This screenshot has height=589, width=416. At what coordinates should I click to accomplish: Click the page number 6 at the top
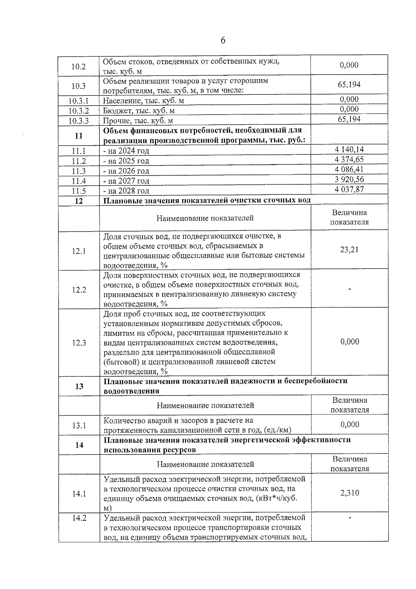[x=223, y=41]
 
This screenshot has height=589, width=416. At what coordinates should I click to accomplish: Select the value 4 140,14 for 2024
[x=349, y=150]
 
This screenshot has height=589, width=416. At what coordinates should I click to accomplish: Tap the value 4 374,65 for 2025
[x=349, y=160]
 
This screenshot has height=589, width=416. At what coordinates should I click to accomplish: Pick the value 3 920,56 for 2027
[x=349, y=179]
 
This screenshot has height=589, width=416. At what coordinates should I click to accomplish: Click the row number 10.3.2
[x=79, y=111]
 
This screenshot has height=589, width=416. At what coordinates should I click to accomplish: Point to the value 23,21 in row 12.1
[x=349, y=250]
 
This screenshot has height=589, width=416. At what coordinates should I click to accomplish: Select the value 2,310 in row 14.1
[x=350, y=493]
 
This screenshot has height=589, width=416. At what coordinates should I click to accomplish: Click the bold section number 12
[x=79, y=201]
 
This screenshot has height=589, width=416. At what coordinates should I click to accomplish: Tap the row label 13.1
[x=79, y=425]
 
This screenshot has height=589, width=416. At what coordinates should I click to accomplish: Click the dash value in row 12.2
[x=350, y=289]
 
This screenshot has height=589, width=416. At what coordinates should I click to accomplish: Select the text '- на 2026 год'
[x=126, y=171]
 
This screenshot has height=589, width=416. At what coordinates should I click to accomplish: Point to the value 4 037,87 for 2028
[x=349, y=190]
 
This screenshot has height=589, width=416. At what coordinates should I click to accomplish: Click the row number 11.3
[x=79, y=171]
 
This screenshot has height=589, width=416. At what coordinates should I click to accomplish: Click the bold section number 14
[x=79, y=445]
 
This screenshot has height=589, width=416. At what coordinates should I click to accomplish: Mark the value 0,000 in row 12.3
[x=350, y=342]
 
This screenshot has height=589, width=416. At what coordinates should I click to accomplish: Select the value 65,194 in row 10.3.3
[x=349, y=119]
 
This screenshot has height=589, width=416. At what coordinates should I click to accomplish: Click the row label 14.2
[x=79, y=518]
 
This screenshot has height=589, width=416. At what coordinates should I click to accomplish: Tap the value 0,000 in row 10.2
[x=349, y=65]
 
